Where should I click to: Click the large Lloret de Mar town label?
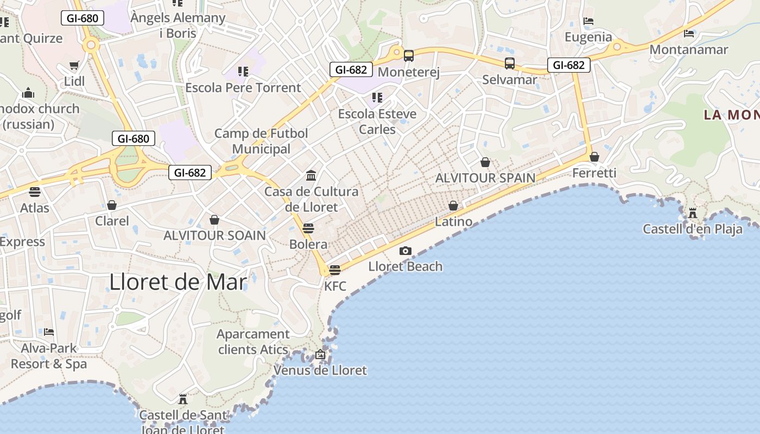pyautogui.click(x=178, y=282)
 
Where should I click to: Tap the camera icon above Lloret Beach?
pyautogui.click(x=405, y=251)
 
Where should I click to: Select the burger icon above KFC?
pyautogui.click(x=335, y=270)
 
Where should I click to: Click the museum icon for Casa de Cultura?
pyautogui.click(x=311, y=175)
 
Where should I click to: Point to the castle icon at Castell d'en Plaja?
pyautogui.click(x=692, y=213)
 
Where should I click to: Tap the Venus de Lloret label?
pyautogui.click(x=320, y=371)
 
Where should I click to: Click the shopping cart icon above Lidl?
pyautogui.click(x=74, y=65)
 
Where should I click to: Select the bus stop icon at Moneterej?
pyautogui.click(x=408, y=55)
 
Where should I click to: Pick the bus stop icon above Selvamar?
pyautogui.click(x=509, y=63)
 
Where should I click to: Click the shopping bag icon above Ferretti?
pyautogui.click(x=594, y=157)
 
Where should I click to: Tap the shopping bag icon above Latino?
pyautogui.click(x=453, y=206)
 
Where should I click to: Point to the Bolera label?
pyautogui.click(x=308, y=244)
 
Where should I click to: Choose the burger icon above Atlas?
pyautogui.click(x=35, y=192)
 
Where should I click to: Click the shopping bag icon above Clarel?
pyautogui.click(x=112, y=205)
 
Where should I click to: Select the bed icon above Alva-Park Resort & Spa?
pyautogui.click(x=49, y=331)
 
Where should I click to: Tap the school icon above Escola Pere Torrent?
pyautogui.click(x=243, y=71)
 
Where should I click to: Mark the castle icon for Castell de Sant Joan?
pyautogui.click(x=183, y=400)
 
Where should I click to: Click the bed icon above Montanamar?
pyautogui.click(x=689, y=33)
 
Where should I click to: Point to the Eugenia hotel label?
pyautogui.click(x=588, y=37)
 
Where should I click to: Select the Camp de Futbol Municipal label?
pyautogui.click(x=261, y=141)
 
